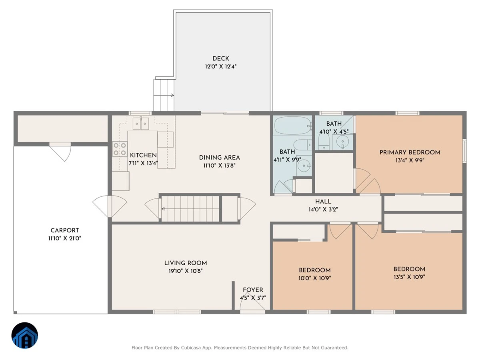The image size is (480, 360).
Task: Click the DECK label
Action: pyautogui.click(x=221, y=58)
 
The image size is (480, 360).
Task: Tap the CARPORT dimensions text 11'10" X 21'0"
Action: pyautogui.click(x=65, y=238)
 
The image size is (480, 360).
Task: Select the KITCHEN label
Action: pyautogui.click(x=143, y=155)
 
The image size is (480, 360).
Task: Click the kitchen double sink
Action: pyautogui.click(x=141, y=124)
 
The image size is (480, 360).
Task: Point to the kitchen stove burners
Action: pyautogui.click(x=120, y=149)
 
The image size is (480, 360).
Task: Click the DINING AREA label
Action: pyautogui.click(x=219, y=158)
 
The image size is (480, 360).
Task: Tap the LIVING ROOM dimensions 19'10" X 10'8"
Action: pyautogui.click(x=186, y=271)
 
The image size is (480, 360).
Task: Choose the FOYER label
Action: pyautogui.click(x=253, y=290)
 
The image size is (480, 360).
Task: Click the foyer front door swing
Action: pyautogui.click(x=252, y=300)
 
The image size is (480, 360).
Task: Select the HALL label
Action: pyautogui.click(x=323, y=202)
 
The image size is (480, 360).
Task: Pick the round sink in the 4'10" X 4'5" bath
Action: pyautogui.click(x=342, y=142)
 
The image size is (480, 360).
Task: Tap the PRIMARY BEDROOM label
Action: pyautogui.click(x=410, y=152)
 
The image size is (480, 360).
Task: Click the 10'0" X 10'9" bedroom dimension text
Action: pyautogui.click(x=315, y=278)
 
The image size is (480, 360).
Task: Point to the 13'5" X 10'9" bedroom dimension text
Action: pyautogui.click(x=409, y=277)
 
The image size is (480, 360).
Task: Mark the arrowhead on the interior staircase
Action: pyautogui.click(x=163, y=209)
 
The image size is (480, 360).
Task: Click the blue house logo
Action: pyautogui.click(x=25, y=335)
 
